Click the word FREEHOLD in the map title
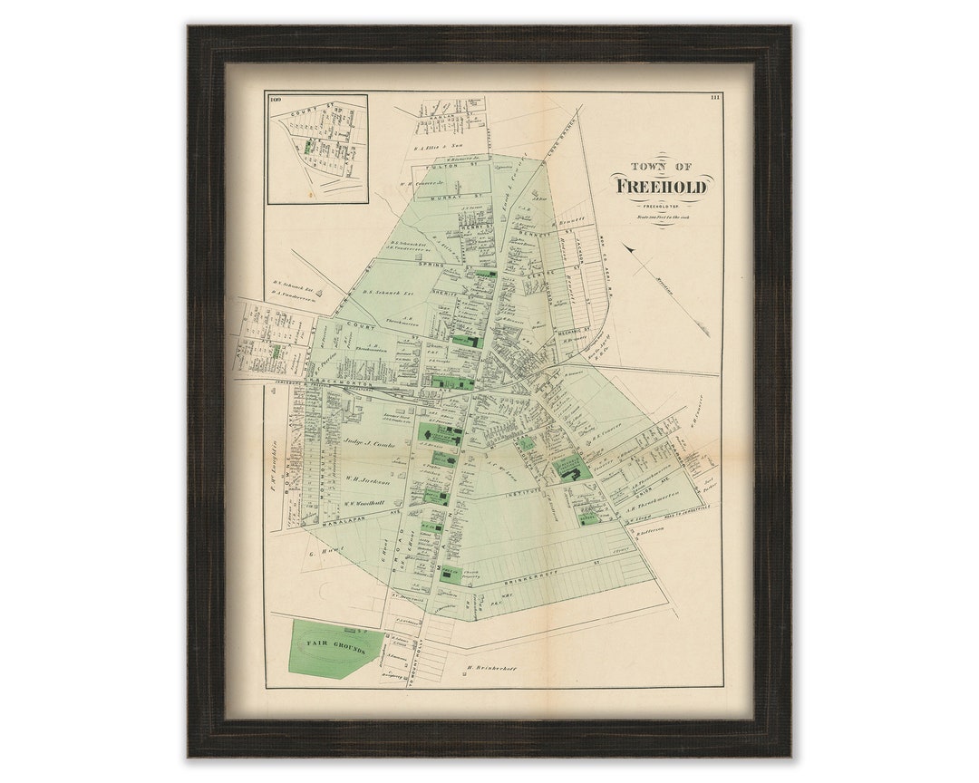click(x=663, y=187)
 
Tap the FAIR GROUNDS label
click(x=334, y=650)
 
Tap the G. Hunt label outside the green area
click(x=324, y=551)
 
